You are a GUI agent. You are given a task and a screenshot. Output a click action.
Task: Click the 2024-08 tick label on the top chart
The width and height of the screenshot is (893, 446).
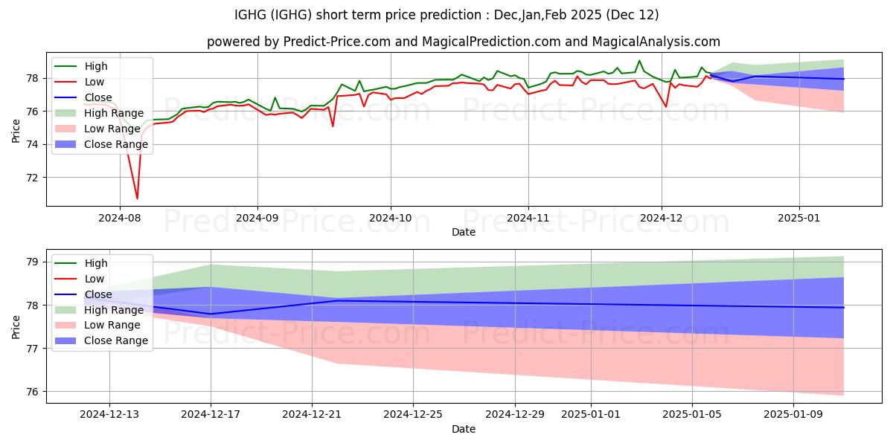point(120,219)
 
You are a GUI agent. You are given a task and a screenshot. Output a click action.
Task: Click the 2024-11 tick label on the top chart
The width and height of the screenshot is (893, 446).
point(528,219)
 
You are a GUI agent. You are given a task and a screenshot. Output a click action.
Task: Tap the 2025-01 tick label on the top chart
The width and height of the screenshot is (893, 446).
point(799,219)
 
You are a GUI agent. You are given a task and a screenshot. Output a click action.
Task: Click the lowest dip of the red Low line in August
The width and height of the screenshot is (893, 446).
point(137,198)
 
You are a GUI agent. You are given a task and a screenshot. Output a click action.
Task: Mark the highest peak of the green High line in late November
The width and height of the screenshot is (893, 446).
point(639,60)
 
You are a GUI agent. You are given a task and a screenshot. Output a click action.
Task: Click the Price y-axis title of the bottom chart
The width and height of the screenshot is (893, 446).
point(16,326)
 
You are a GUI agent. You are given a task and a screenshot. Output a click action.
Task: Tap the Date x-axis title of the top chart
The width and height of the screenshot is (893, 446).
point(464,232)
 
